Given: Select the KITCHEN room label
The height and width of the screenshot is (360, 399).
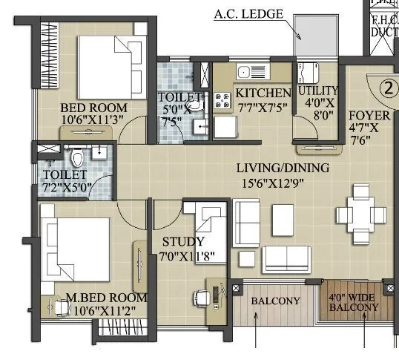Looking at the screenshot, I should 263,93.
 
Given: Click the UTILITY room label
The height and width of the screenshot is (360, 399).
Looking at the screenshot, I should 318,91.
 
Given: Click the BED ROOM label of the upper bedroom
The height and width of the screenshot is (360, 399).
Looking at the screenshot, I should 93,108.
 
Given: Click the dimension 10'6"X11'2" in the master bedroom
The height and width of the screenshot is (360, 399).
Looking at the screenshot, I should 106,312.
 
